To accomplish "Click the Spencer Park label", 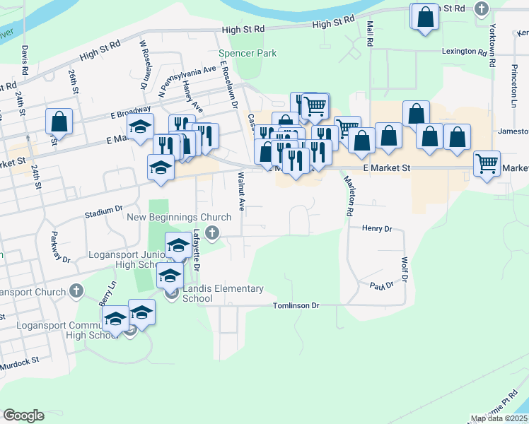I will (248, 53).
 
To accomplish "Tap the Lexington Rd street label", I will (465, 52).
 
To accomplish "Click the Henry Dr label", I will (376, 228).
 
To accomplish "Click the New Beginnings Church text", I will (179, 217).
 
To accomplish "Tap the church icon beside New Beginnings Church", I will (211, 232).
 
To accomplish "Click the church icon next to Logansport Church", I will (76, 291).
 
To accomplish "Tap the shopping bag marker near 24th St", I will (59, 122).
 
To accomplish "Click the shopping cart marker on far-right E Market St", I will (487, 164).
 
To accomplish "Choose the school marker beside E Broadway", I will (140, 128).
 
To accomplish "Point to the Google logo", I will (23, 416).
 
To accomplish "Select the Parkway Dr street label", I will (59, 248).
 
